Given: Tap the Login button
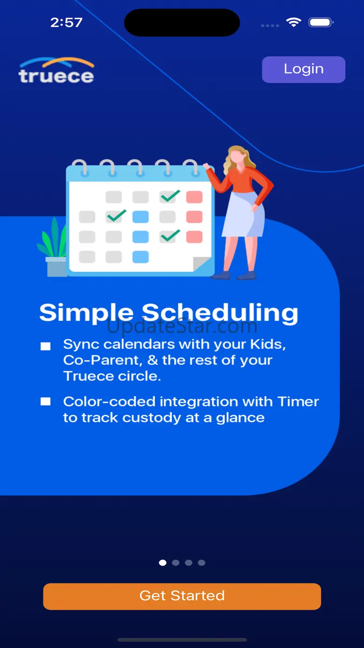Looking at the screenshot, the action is tap(303, 70).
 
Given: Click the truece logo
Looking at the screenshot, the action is tap(56, 71).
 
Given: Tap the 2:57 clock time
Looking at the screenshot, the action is tap(66, 22).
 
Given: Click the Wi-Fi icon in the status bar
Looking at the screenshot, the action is tap(294, 22).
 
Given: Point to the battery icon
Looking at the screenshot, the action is tap(321, 22).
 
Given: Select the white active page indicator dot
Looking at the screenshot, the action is tap(163, 563).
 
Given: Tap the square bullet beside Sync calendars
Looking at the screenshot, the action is tap(45, 346).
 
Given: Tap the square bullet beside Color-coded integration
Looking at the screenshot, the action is tap(45, 401).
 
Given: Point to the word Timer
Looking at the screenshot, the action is tap(298, 401).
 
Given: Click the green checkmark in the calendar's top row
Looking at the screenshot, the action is tap(170, 196).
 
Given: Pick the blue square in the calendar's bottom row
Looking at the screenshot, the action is tap(140, 257).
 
